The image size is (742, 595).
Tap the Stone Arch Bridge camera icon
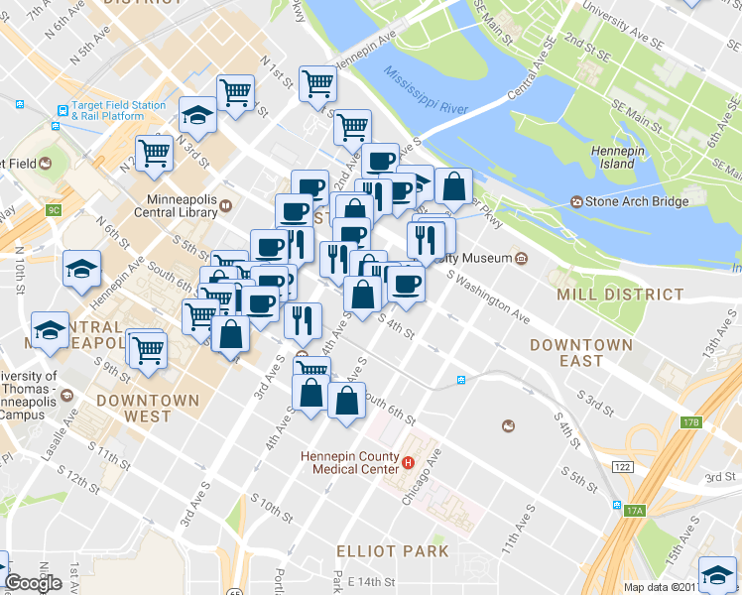577,201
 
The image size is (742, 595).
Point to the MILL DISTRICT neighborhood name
620,295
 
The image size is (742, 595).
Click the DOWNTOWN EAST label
580,353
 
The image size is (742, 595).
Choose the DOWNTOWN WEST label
148,409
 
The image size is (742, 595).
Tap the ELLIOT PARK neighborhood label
392,550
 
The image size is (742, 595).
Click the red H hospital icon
407,462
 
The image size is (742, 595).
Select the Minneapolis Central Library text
177,205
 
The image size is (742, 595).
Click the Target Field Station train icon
62,110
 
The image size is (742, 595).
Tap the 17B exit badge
691,422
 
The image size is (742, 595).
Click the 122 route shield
622,465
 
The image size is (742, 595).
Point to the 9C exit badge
54,210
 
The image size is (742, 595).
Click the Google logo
33,583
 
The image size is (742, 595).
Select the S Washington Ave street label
493,299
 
